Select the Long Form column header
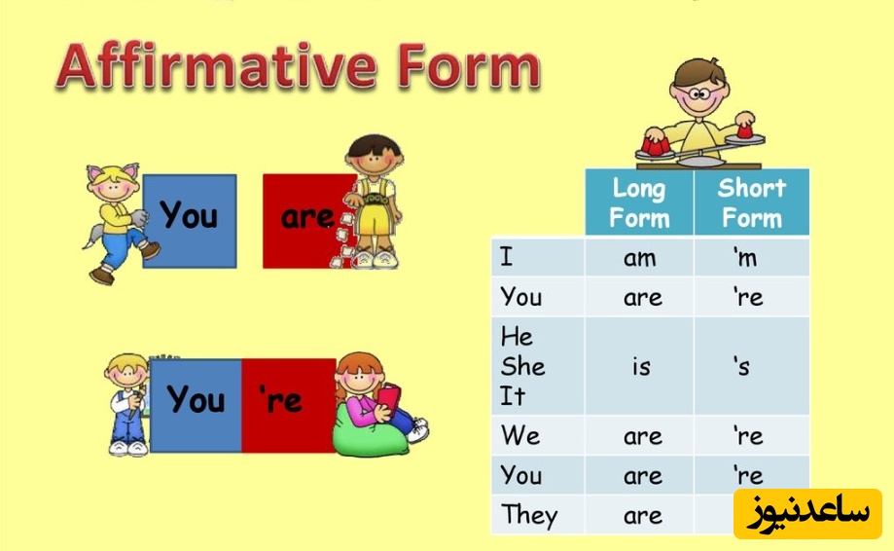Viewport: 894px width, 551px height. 639,202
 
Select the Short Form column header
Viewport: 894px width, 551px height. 751,202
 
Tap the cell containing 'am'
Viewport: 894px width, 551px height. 639,257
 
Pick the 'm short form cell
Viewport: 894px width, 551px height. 751,257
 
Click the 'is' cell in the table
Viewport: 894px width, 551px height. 639,366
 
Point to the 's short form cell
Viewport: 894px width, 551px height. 751,366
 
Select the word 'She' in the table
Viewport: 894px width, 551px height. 522,366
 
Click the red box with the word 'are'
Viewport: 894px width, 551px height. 307,221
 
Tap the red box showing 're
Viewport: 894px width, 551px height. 288,406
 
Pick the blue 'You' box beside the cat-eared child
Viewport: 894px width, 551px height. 190,221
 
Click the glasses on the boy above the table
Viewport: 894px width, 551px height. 697,93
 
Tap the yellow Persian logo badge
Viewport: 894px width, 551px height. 807,513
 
